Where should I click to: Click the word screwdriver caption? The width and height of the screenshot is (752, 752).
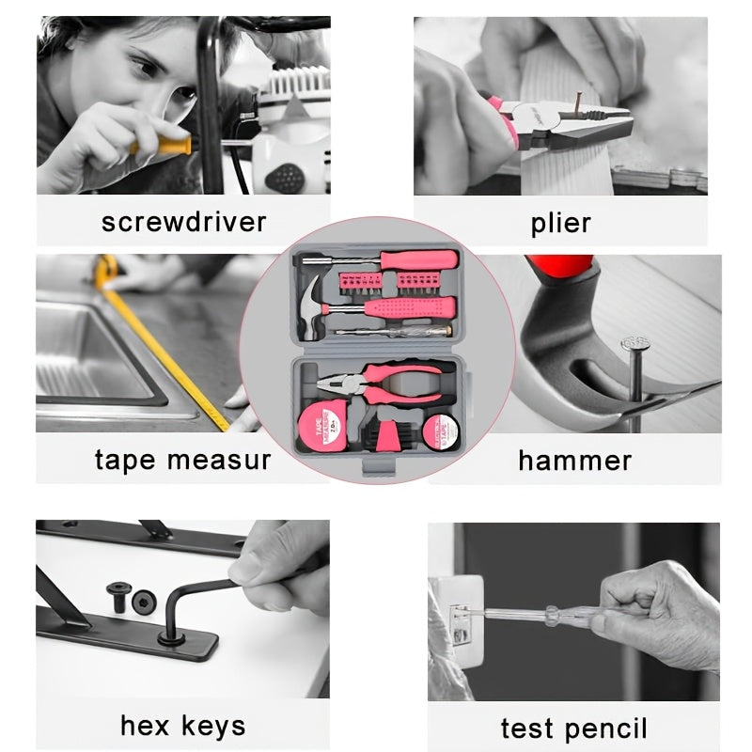(183, 222)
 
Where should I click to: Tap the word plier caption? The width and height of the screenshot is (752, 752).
(560, 224)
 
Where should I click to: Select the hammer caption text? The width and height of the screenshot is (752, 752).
(574, 461)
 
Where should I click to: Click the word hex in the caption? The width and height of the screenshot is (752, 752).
(145, 725)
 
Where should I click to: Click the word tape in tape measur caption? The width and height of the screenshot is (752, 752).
(125, 461)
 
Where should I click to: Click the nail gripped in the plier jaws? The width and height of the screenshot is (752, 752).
(578, 106)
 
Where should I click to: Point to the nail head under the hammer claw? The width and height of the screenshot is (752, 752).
(635, 342)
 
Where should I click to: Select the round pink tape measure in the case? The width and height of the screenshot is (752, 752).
(321, 427)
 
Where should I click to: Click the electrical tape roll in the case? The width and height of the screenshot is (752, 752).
(441, 431)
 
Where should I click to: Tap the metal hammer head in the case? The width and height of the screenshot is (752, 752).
(312, 307)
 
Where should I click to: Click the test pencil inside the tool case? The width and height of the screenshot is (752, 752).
(394, 332)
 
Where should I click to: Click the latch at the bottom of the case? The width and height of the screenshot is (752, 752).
(379, 466)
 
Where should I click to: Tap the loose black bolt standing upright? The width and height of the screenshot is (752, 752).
(118, 597)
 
